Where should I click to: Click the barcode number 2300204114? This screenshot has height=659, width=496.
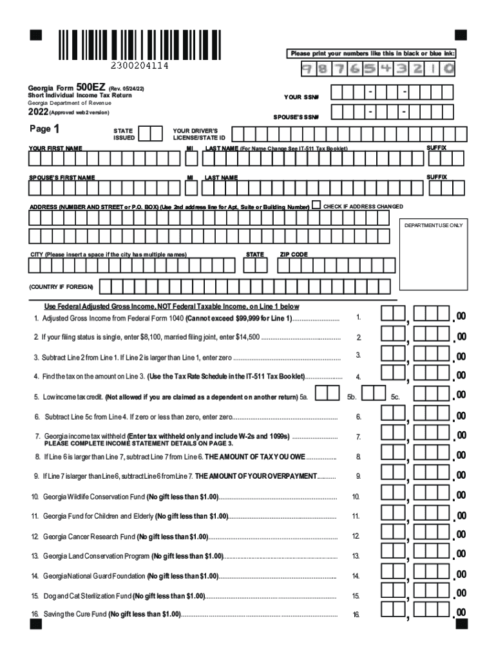[140, 66]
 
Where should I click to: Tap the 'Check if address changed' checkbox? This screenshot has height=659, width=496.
[316, 205]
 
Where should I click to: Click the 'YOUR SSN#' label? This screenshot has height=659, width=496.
[301, 97]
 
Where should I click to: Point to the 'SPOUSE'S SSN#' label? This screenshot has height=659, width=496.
[297, 117]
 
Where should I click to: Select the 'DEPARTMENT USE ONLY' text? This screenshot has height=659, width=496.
[433, 225]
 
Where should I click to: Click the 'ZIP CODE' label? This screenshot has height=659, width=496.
[293, 254]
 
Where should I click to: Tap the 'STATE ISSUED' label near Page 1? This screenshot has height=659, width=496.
[124, 134]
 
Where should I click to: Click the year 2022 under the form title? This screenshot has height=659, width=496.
[39, 112]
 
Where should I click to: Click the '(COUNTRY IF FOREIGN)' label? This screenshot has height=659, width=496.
[61, 286]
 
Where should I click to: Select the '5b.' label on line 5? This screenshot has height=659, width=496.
[352, 398]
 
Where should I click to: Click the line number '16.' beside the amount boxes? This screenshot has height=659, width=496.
[356, 615]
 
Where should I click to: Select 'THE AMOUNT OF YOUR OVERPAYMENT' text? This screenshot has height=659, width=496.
[256, 476]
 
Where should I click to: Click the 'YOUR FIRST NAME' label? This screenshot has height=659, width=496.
[55, 149]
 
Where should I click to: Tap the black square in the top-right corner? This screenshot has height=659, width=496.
[461, 35]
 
